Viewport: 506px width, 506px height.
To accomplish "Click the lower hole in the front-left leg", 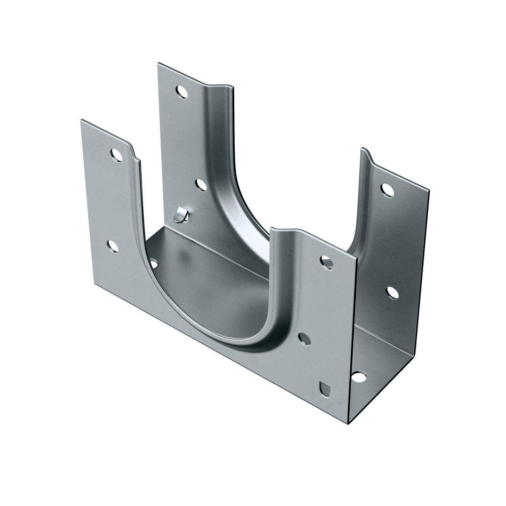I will coord(113,246).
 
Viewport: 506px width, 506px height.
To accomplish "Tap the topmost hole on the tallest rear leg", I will coord(180,92).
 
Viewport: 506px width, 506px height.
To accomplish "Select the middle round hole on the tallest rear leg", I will coord(201,185).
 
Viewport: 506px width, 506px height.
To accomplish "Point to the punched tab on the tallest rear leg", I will coord(180,216).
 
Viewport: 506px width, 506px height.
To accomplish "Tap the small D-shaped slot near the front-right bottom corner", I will coord(326,389).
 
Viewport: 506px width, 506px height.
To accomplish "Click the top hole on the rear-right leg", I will coord(387,189).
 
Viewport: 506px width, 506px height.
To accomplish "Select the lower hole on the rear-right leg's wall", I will coord(392,292).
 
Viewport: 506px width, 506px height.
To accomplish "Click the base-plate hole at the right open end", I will coord(358,377).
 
